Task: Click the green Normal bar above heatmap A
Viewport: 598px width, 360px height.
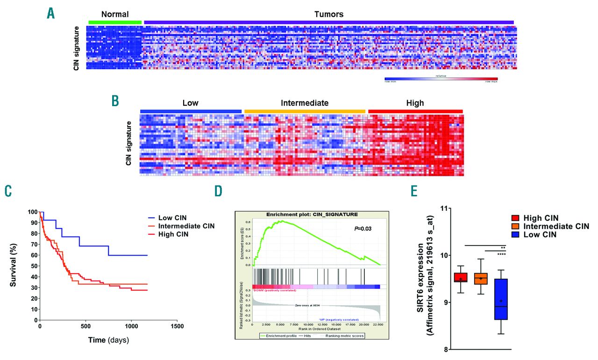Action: [115, 22]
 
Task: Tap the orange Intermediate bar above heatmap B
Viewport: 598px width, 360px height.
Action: [305, 111]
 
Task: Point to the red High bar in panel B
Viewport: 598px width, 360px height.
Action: [415, 111]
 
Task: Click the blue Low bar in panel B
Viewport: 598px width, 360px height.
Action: [191, 111]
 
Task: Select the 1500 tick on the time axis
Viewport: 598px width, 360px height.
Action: [177, 326]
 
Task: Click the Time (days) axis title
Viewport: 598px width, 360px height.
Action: [108, 340]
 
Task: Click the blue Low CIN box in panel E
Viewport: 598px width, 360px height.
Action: [501, 299]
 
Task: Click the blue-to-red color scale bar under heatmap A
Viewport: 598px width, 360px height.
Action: [441, 79]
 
